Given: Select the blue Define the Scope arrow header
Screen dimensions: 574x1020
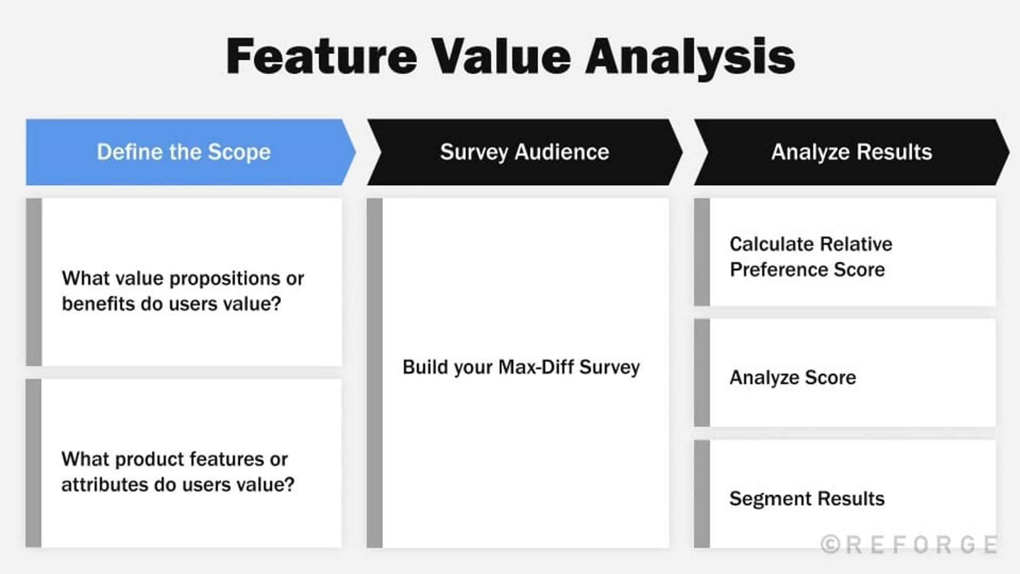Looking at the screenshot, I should tap(184, 152).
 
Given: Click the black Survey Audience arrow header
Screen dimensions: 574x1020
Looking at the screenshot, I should tap(524, 152).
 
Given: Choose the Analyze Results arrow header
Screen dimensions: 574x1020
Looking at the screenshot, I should tap(851, 152).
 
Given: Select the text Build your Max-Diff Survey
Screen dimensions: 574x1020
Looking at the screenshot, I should tap(521, 367).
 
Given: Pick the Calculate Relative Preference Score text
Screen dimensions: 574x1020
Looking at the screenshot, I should tap(810, 257).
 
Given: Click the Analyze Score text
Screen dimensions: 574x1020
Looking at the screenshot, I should tap(792, 377).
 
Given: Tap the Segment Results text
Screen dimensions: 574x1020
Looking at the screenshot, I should tap(807, 499).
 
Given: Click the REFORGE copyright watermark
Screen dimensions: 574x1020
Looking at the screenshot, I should tap(909, 544).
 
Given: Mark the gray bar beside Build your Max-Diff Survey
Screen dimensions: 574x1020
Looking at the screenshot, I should tap(375, 373).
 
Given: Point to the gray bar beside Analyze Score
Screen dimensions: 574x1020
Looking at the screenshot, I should tap(702, 373).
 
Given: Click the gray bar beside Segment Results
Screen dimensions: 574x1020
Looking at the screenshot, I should tap(702, 494).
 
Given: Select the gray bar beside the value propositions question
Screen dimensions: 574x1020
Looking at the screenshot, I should tap(34, 282).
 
